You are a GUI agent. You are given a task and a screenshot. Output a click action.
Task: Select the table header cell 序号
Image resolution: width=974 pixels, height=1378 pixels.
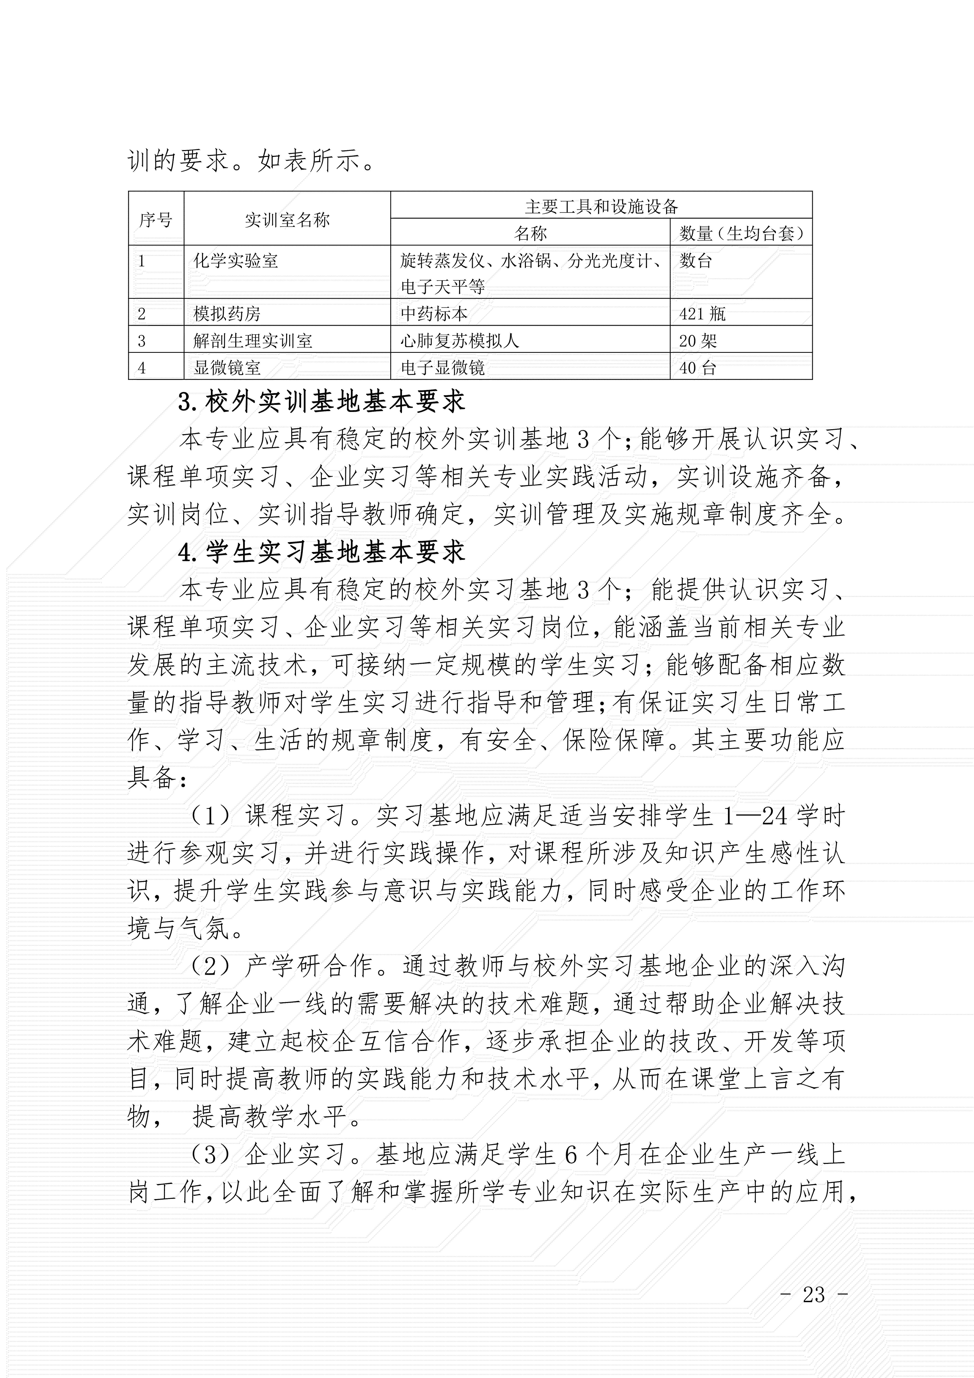pyautogui.click(x=156, y=220)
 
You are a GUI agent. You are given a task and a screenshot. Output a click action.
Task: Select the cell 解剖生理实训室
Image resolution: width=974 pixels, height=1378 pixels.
pyautogui.click(x=253, y=341)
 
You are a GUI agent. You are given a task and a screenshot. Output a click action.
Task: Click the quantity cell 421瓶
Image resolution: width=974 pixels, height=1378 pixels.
pyautogui.click(x=702, y=313)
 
